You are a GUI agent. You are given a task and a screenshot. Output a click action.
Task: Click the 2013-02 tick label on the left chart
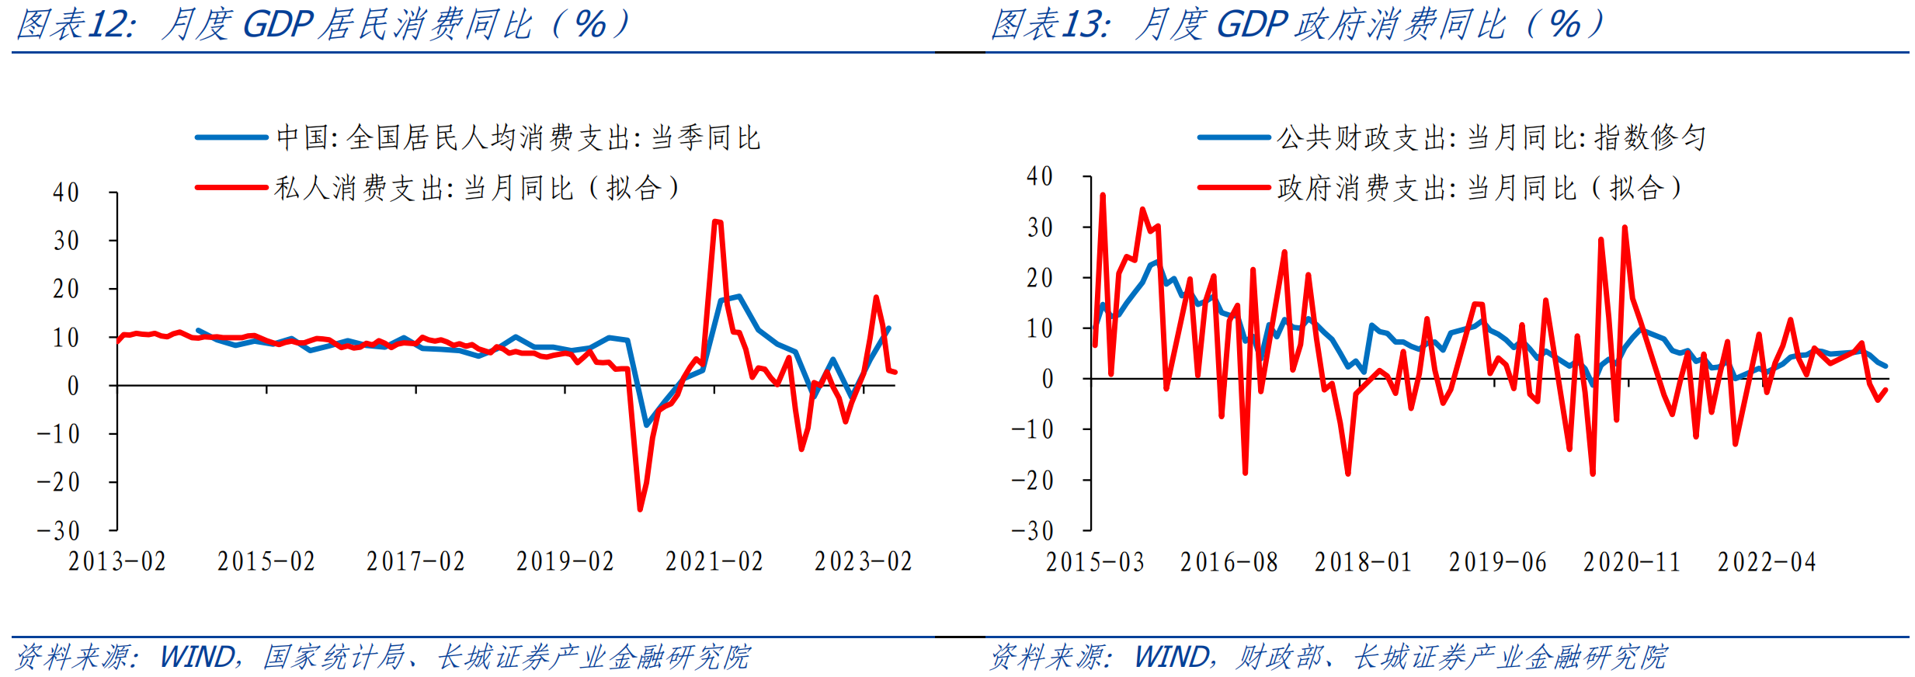tap(117, 561)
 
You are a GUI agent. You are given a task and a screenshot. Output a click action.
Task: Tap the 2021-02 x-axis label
tap(714, 561)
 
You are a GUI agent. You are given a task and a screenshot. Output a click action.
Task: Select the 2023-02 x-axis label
tap(864, 561)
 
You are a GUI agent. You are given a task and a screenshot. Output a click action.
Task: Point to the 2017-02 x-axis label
tap(415, 561)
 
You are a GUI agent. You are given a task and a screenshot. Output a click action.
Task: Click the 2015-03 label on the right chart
tap(1095, 562)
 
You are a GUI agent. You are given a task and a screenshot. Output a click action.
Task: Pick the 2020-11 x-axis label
tap(1632, 562)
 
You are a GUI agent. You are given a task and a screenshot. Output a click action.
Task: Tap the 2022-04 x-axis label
tap(1767, 562)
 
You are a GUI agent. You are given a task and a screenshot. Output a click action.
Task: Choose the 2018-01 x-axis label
tap(1363, 562)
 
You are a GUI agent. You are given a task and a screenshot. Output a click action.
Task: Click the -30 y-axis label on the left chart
tap(58, 531)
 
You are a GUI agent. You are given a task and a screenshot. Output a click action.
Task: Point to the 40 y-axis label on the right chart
tap(1040, 176)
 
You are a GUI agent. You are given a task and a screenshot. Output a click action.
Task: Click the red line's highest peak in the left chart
tap(717, 221)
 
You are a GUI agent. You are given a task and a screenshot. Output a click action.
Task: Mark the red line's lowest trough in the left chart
tap(640, 509)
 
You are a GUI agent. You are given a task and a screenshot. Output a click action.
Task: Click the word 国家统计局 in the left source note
tap(334, 658)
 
